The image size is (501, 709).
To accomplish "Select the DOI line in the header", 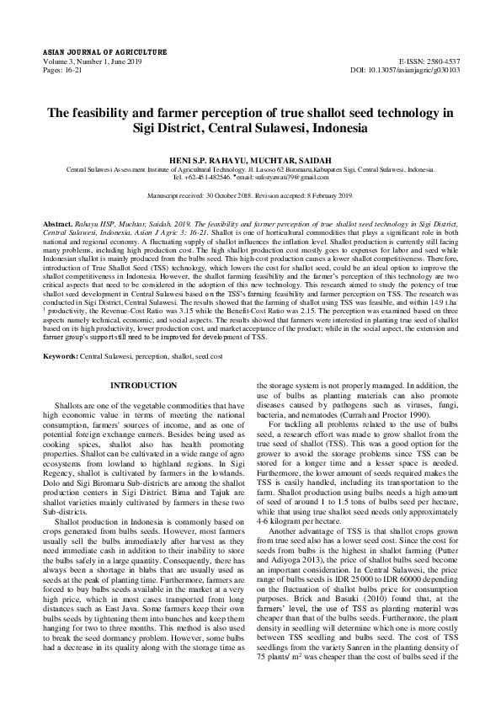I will (x=405, y=71).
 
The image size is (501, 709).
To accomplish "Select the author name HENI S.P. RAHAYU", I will (x=209, y=159).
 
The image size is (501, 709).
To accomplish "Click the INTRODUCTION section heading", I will (x=144, y=385).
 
